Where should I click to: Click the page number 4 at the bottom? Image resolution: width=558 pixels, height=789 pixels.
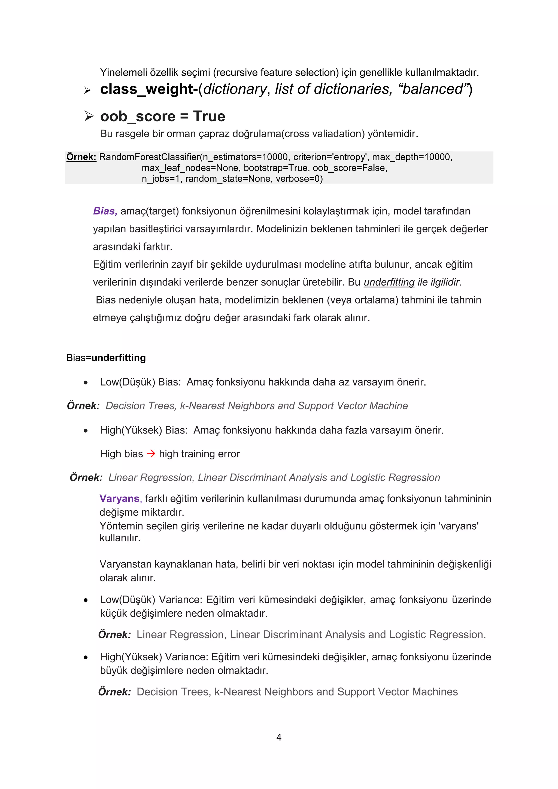[x=279, y=737]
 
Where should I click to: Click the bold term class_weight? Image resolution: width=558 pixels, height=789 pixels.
[x=146, y=89]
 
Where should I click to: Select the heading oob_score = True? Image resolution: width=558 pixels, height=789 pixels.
[x=162, y=117]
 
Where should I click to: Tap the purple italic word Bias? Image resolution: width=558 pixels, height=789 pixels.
[x=105, y=211]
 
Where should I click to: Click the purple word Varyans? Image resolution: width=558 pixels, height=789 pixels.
[x=119, y=499]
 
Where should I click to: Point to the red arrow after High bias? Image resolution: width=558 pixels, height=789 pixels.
[x=151, y=454]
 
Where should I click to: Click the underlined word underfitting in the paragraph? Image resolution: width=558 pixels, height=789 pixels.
[x=389, y=282]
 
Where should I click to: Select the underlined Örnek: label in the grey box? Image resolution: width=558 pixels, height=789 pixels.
[x=81, y=157]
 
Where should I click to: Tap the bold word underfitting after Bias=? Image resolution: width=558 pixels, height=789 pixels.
[x=119, y=358]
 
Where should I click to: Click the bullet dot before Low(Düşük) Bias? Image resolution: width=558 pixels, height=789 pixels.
[x=86, y=383]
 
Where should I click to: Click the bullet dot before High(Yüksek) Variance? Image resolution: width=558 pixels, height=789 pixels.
[x=86, y=657]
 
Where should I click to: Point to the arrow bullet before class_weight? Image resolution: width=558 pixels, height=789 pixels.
[x=87, y=90]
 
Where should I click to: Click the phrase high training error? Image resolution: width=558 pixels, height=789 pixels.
[x=199, y=454]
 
